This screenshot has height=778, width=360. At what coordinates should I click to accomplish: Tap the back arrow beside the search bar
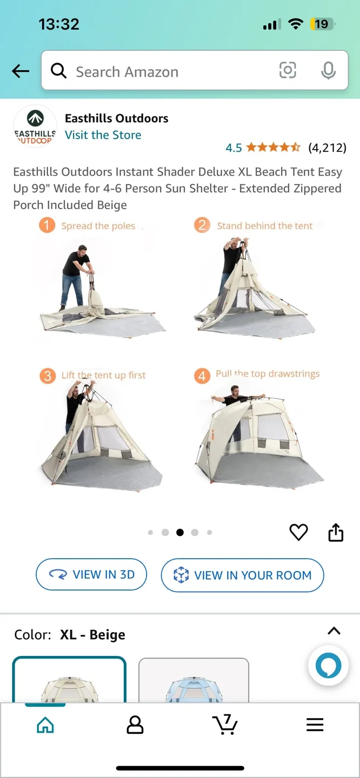tap(21, 71)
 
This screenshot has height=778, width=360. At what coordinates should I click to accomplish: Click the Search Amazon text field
tap(162, 72)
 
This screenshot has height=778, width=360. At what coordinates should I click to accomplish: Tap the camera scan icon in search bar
tap(288, 70)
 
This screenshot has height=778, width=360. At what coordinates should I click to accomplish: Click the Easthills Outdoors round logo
tap(35, 126)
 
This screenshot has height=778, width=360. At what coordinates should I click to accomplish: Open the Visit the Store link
tap(103, 135)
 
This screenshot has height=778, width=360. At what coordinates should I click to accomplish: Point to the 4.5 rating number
tap(234, 147)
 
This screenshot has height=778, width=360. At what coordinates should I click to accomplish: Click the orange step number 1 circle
tap(47, 225)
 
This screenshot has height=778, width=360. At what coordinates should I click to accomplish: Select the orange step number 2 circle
tap(202, 225)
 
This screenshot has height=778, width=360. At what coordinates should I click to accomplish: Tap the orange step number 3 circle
tap(48, 375)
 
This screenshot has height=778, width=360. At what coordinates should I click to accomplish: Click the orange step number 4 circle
tap(202, 375)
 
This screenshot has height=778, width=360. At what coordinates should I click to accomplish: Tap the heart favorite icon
tap(298, 532)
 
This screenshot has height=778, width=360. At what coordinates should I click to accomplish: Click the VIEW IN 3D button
tap(91, 575)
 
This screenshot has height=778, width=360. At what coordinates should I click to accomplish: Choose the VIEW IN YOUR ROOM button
tap(242, 575)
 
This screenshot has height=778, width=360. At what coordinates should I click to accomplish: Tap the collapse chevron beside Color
tap(334, 631)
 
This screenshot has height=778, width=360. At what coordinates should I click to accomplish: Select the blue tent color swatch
tap(194, 681)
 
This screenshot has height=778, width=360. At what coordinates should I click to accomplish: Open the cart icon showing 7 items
tap(225, 725)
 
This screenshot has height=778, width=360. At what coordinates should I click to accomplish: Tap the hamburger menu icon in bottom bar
tap(315, 725)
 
